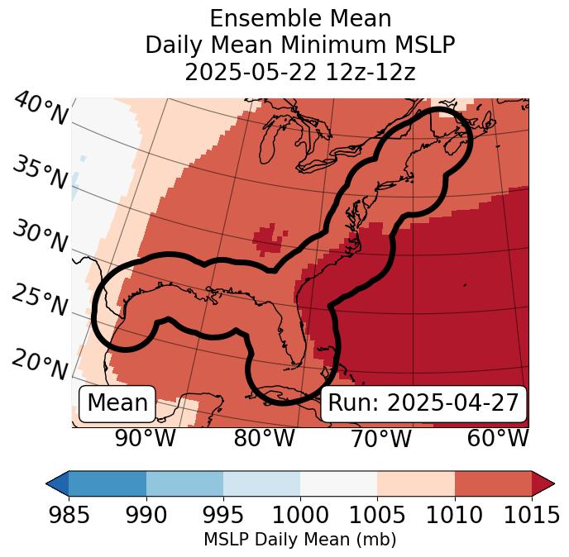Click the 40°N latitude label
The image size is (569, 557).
click(x=40, y=109)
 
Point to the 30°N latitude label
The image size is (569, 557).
click(x=40, y=237)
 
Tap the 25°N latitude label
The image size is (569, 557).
click(x=40, y=301)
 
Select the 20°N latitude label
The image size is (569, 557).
click(x=40, y=364)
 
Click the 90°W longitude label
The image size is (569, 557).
click(x=146, y=439)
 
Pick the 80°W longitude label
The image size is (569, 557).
click(x=264, y=439)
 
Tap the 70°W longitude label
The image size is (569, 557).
click(x=380, y=439)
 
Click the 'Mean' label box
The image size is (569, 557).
click(x=117, y=403)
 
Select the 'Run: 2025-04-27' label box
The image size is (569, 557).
click(x=423, y=403)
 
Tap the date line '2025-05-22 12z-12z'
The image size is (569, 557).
click(x=300, y=72)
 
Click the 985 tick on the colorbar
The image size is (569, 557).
click(x=69, y=516)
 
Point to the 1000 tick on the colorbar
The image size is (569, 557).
click(x=300, y=516)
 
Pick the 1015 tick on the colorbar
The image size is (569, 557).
click(x=532, y=516)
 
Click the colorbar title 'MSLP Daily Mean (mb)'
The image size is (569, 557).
click(x=300, y=540)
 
